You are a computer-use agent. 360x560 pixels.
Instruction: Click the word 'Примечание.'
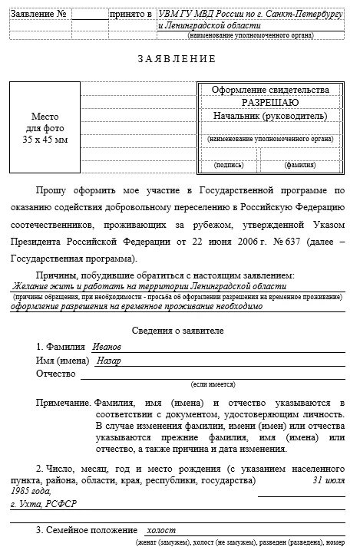pos(63,403)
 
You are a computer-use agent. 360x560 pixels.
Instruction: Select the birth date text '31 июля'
pos(329,480)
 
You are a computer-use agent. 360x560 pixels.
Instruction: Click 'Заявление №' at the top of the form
pos(40,14)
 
